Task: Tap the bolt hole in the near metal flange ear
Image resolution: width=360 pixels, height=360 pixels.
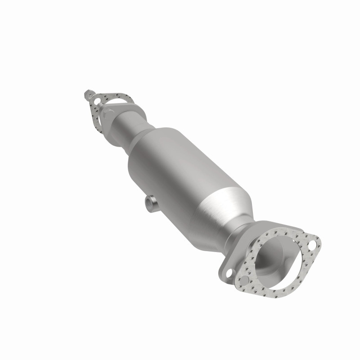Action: [228, 273]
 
